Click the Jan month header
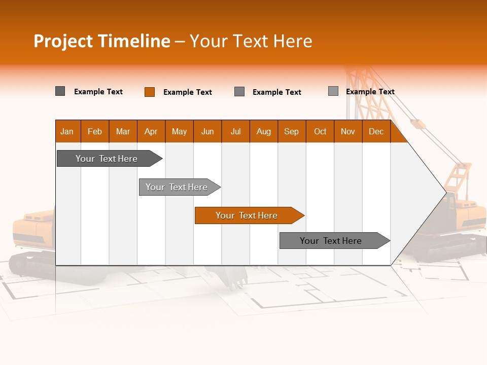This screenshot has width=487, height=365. [x=67, y=131]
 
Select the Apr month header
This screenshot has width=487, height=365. [x=151, y=131]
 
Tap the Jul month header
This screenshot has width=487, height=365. [x=235, y=131]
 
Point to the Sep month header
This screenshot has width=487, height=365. [x=291, y=131]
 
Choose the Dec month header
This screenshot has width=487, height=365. [x=376, y=131]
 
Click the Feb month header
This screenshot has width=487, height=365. [x=95, y=131]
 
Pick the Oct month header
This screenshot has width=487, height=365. [x=320, y=131]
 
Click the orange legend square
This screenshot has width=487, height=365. [x=150, y=92]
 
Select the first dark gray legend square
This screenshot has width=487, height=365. [x=60, y=91]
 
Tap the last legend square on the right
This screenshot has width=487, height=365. [x=333, y=91]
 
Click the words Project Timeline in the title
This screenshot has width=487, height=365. [x=102, y=41]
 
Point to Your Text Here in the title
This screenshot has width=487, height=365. [x=251, y=41]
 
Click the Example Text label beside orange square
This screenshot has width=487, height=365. [x=187, y=92]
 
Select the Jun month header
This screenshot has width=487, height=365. [x=207, y=131]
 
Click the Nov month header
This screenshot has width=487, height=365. [x=348, y=131]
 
